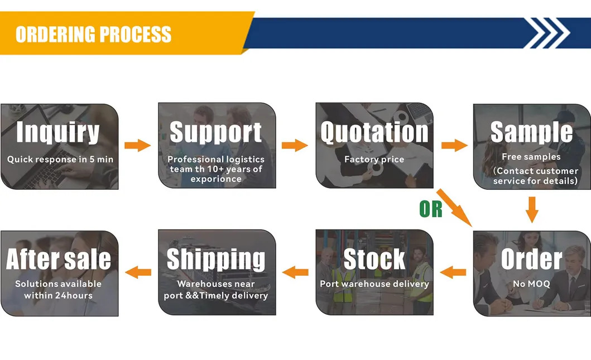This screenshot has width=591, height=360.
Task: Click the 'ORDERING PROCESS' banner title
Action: (93, 34)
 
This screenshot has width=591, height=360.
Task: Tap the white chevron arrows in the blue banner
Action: (549, 33)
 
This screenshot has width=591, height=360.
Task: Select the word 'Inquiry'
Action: (58, 133)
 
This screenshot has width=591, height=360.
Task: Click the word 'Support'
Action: (216, 133)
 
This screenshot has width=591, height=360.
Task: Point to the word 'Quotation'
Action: (374, 133)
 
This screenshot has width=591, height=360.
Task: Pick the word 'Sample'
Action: (531, 133)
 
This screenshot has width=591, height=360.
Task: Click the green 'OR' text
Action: (431, 209)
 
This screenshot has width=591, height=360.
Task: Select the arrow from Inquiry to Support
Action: (137, 146)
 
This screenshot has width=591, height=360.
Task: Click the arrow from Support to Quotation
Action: (295, 146)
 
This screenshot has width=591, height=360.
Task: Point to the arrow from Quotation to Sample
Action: (454, 146)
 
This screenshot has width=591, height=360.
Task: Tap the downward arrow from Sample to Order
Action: (532, 209)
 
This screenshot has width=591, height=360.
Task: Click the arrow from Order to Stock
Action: (453, 272)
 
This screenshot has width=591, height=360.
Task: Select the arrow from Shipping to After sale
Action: (138, 272)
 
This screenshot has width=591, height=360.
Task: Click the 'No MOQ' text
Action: (531, 284)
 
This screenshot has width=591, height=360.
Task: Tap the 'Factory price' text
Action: (374, 160)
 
